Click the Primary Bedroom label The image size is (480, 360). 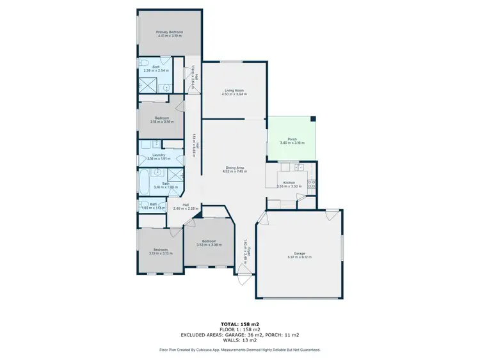(170, 32)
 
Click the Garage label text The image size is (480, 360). (300, 253)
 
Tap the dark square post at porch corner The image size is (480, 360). (312, 118)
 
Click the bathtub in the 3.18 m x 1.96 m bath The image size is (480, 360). (143, 183)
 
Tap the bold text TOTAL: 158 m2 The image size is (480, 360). (239, 325)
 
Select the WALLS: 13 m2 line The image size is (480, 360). (239, 340)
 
